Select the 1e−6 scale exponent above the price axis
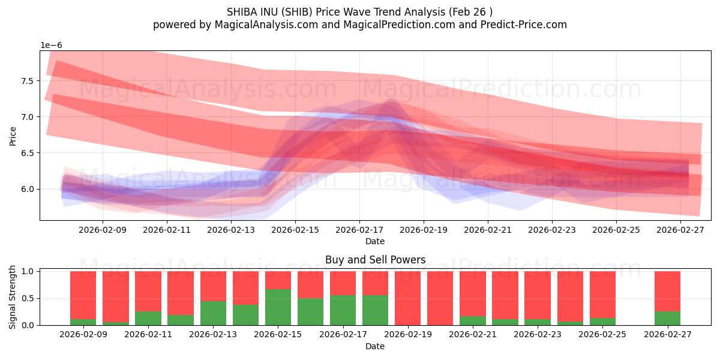coord(51,46)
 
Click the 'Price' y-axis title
coord(13,136)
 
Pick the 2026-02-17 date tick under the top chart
coord(359,229)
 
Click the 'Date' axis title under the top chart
coord(375,241)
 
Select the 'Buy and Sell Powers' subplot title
coord(375,260)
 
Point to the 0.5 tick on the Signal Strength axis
coord(29,298)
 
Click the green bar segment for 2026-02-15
coord(278,307)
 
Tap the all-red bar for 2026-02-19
coord(408,298)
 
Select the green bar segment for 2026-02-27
coord(667,318)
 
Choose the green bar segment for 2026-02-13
coord(213,313)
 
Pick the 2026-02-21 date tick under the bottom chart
coord(473,334)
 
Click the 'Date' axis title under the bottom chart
coord(375,346)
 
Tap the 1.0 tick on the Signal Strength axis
coord(29,271)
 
